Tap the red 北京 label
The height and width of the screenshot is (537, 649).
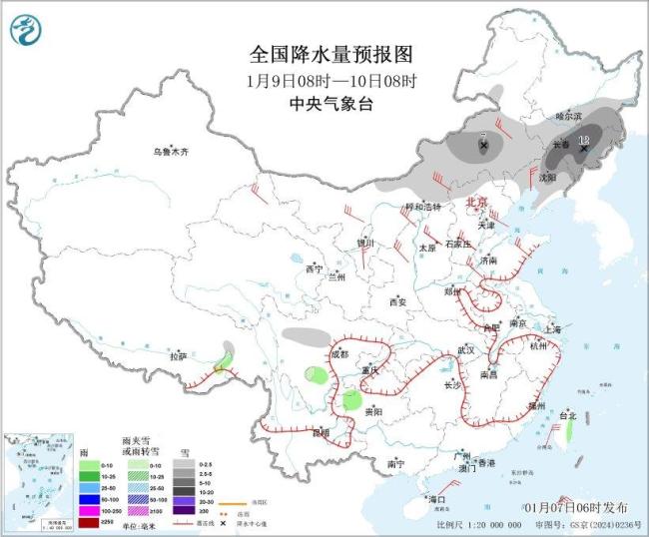click(477, 202)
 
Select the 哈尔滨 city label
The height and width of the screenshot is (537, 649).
click(568, 116)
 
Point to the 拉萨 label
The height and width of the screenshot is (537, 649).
click(178, 355)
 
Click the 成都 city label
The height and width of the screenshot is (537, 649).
click(339, 354)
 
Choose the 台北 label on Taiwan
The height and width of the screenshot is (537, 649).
click(566, 414)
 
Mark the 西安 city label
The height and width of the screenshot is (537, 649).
click(398, 300)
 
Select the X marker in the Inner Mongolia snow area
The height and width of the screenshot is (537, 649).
click(484, 146)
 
